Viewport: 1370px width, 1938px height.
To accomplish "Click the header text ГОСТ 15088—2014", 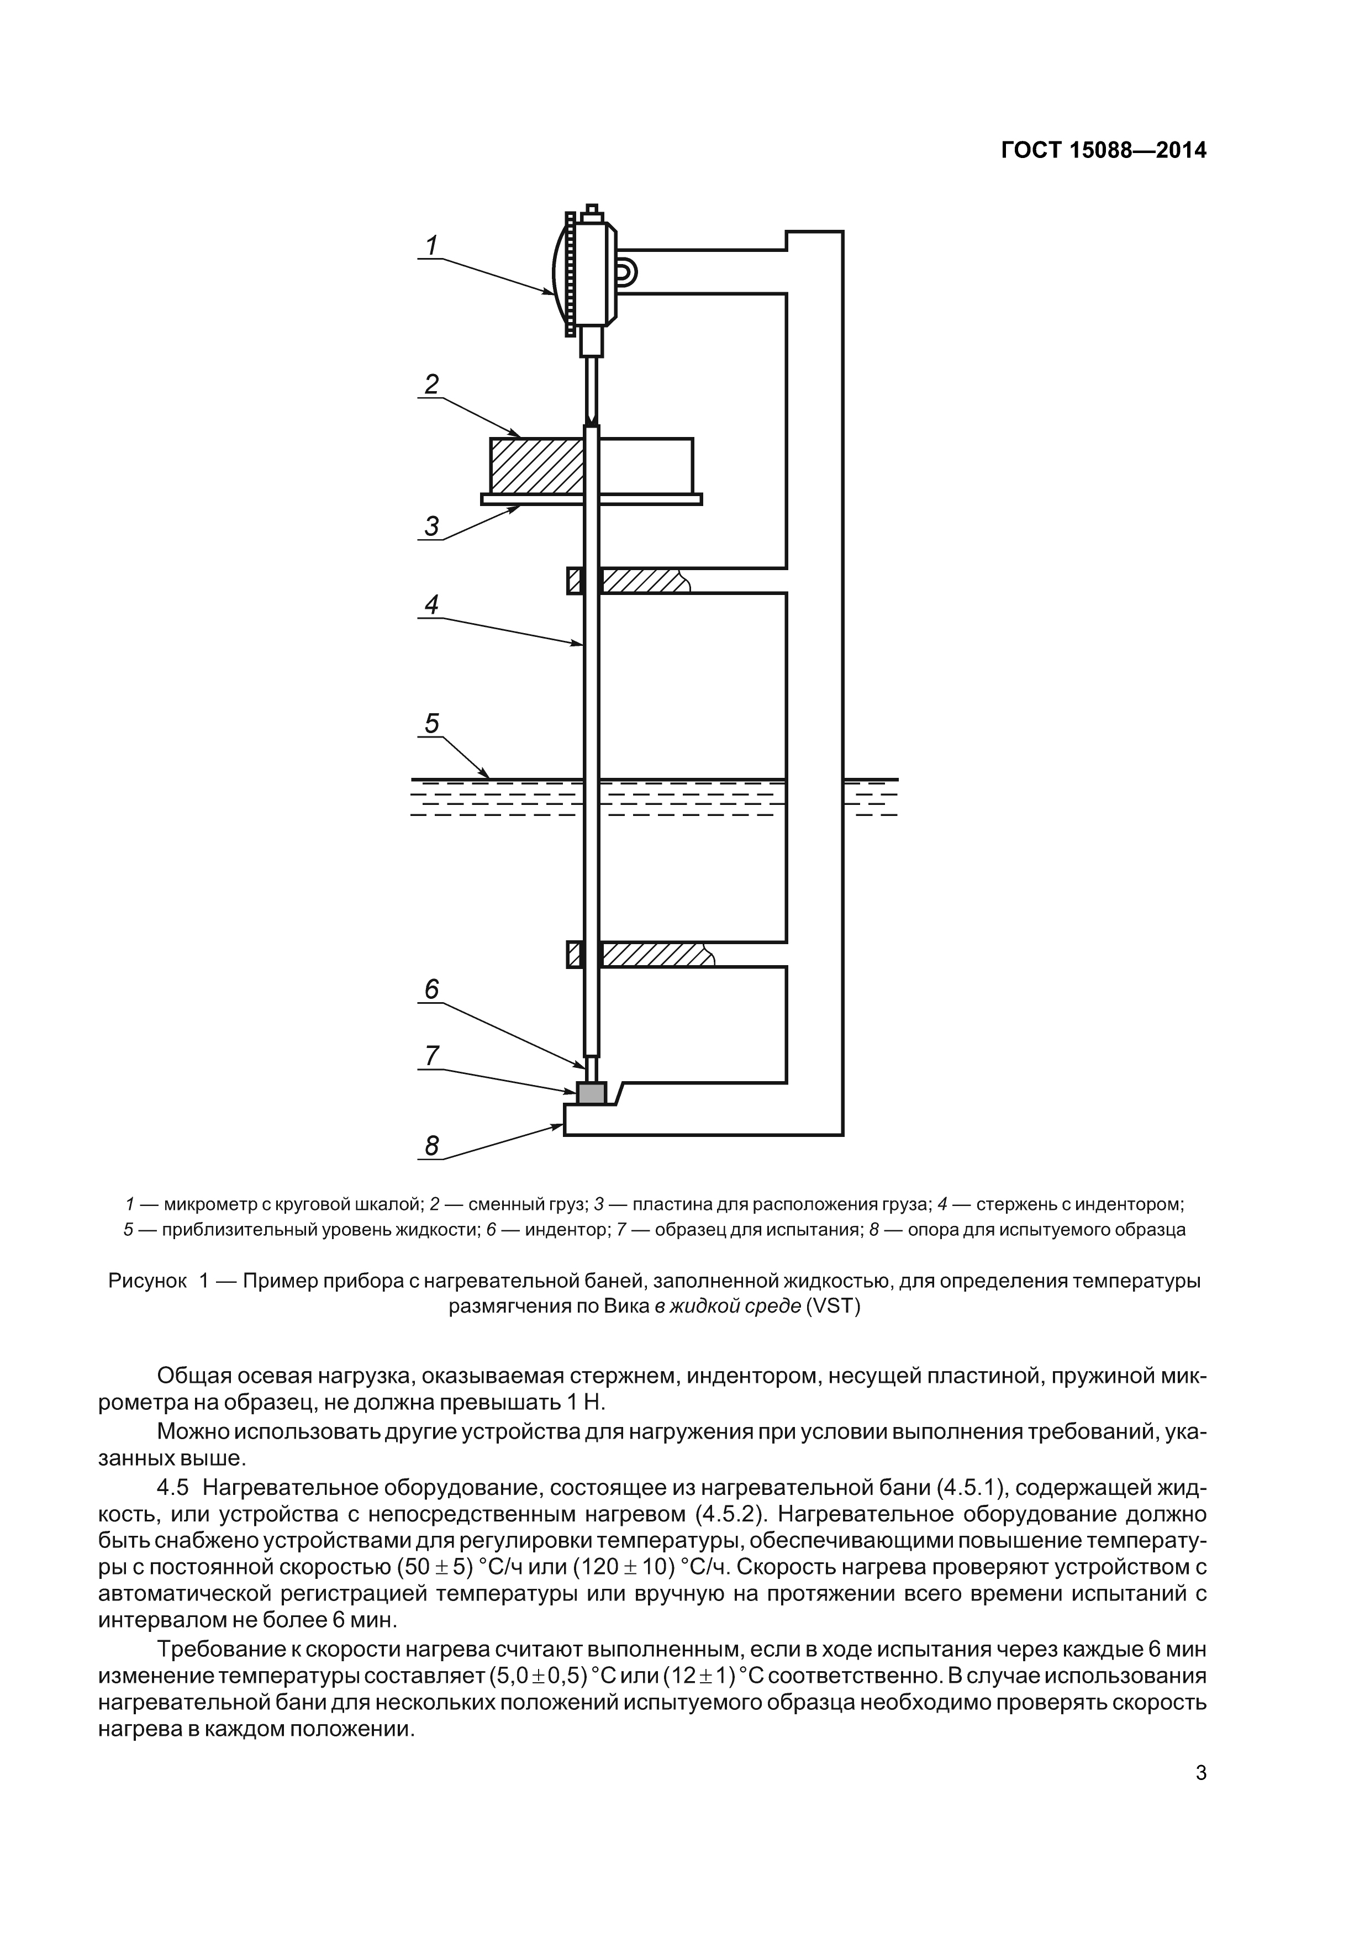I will click(x=1103, y=151).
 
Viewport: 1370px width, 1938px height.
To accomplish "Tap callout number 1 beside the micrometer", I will click(x=431, y=246).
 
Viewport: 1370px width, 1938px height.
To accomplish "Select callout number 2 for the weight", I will click(x=431, y=385).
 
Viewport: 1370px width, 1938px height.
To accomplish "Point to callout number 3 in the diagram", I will click(x=431, y=526).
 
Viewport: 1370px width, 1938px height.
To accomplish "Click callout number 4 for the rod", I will click(x=431, y=604).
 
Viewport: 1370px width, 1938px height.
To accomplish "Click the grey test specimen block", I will click(x=591, y=1094).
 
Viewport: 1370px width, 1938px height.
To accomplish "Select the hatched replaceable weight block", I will click(x=537, y=465).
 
